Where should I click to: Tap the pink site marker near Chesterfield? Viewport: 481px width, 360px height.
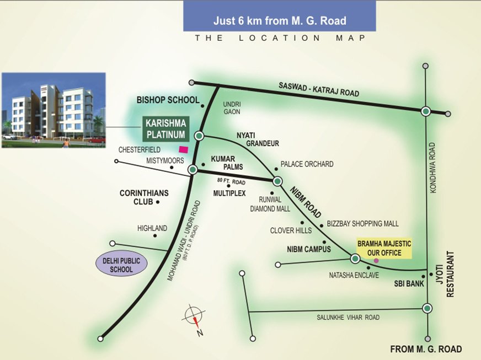pyautogui.click(x=183, y=149)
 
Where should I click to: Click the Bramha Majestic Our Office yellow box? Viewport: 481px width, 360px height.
pyautogui.click(x=384, y=248)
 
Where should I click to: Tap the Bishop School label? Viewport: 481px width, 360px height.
pyautogui.click(x=168, y=100)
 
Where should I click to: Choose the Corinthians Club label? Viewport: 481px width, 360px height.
pyautogui.click(x=144, y=197)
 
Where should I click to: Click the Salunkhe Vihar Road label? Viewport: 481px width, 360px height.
pyautogui.click(x=349, y=318)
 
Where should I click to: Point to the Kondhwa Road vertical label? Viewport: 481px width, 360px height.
pyautogui.click(x=432, y=168)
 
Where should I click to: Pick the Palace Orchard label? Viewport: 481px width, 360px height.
pyautogui.click(x=307, y=164)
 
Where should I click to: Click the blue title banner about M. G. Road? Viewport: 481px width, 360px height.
pyautogui.click(x=280, y=21)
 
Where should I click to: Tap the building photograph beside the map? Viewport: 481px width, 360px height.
pyautogui.click(x=54, y=110)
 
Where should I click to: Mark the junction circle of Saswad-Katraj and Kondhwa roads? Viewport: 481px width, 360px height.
pyautogui.click(x=425, y=111)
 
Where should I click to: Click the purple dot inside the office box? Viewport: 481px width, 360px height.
pyautogui.click(x=376, y=260)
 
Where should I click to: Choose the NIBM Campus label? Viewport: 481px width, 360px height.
pyautogui.click(x=309, y=249)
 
